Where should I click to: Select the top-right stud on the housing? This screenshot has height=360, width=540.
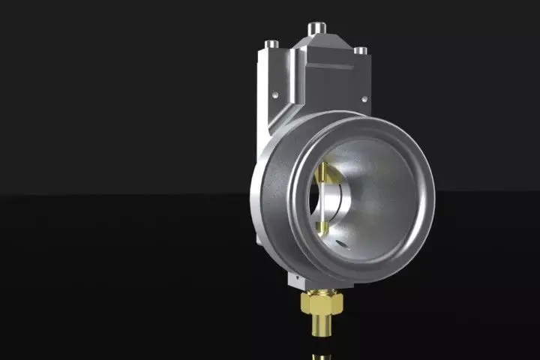(361, 51)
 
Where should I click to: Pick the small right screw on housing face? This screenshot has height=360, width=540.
(365, 97)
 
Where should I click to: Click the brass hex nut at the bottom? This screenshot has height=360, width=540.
(321, 303)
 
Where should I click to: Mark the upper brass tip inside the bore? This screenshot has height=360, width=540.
(324, 175)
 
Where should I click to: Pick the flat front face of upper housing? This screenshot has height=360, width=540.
(330, 86)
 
